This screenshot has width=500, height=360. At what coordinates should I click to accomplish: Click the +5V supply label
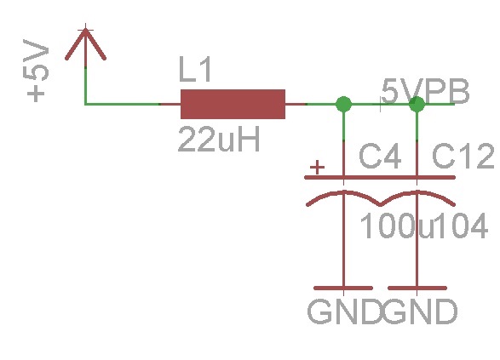pos(36,71)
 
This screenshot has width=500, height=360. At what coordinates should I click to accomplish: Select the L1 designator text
pos(195,70)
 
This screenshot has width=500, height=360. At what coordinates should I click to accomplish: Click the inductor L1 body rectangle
pos(233,104)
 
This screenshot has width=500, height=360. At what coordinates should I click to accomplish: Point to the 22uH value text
pos(219,140)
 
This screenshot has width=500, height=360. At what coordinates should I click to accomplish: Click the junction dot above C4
pos(344,104)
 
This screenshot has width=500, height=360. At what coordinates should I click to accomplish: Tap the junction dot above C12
pos(417,104)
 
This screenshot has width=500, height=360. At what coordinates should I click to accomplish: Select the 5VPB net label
pos(425,92)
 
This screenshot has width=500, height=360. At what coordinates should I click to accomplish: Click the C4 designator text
pos(380,157)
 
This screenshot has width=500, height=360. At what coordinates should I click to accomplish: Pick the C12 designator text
pos(463,156)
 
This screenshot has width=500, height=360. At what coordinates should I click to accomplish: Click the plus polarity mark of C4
pos(317,168)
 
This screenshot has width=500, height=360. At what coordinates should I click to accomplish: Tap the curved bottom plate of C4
pos(344,192)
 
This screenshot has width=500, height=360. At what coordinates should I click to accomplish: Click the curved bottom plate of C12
pos(417,192)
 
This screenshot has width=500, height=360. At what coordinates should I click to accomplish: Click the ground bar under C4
pos(343,288)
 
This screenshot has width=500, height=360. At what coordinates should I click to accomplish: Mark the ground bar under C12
pos(417,288)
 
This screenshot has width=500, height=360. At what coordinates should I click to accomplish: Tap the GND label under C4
pos(345,311)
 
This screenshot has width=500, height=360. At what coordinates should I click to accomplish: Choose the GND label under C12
pos(420,311)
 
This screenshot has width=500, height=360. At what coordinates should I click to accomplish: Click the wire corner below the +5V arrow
pos(85,104)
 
